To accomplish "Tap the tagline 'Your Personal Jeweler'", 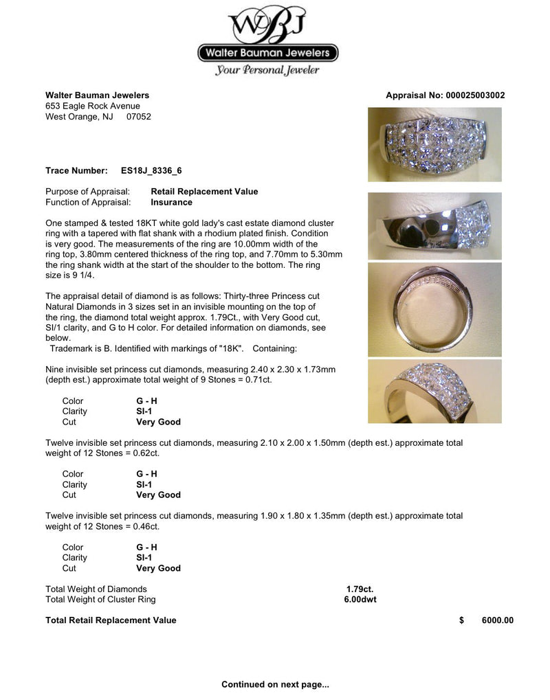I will [267, 69].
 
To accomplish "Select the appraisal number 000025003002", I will [476, 95].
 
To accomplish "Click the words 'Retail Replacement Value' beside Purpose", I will [204, 192].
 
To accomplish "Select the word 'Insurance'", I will [171, 203].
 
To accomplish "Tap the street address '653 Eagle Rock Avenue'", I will [93, 106].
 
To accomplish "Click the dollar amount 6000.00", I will [497, 620].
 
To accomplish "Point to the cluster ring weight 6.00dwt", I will [360, 599].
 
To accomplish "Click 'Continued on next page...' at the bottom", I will [275, 684].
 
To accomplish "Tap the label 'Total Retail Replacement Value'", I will [111, 620].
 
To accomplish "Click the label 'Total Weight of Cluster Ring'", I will [100, 599].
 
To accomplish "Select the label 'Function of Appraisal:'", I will [88, 203].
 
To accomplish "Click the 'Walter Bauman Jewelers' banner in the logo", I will [267, 52].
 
